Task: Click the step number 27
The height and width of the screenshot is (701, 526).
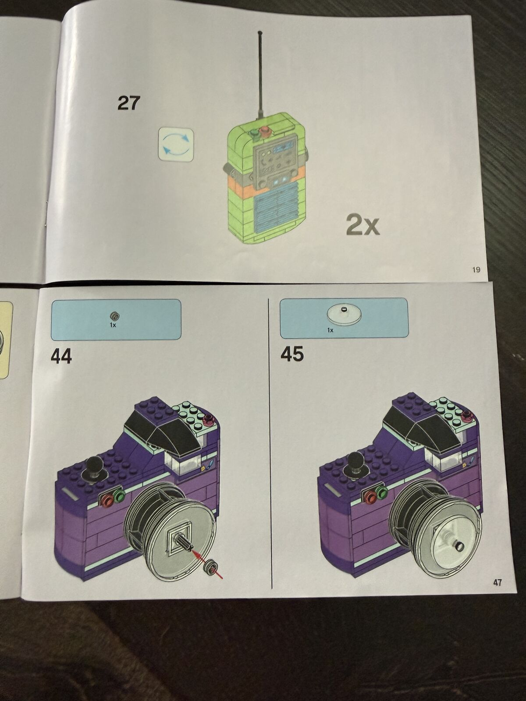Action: click(129, 103)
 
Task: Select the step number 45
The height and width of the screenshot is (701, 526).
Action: click(292, 354)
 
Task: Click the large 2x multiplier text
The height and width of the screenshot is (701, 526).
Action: click(363, 224)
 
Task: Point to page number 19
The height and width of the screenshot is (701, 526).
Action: click(476, 270)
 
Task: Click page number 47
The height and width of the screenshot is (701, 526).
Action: click(497, 583)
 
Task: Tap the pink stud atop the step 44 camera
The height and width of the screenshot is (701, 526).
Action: click(209, 417)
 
